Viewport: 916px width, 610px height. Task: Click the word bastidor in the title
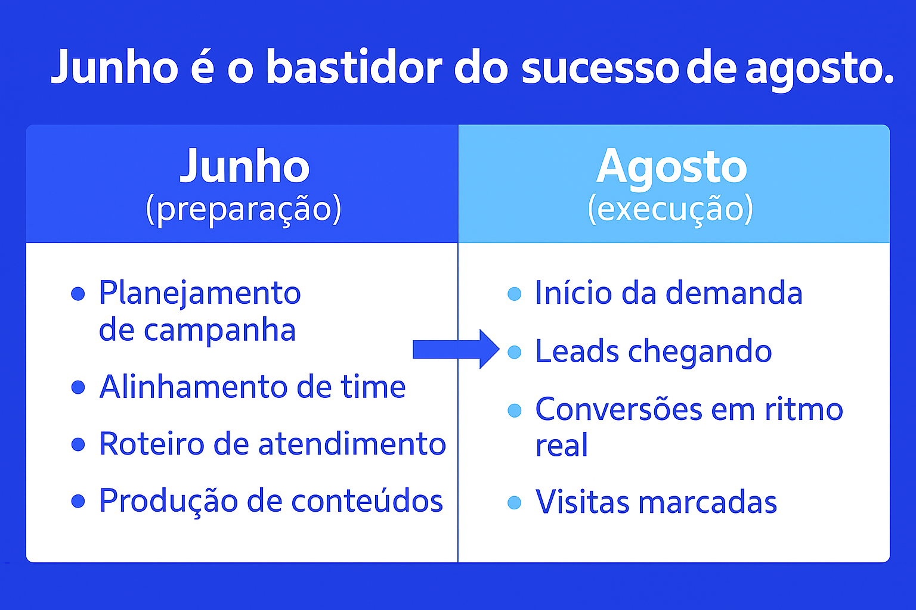353,67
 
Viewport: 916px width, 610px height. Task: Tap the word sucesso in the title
600,68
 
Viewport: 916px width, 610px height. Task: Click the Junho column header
245,166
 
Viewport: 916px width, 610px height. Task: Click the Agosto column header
671,166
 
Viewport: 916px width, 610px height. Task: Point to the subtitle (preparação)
243,209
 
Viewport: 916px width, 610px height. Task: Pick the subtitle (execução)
670,209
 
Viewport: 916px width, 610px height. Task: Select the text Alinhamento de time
252,387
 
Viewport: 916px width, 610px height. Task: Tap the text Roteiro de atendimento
272,444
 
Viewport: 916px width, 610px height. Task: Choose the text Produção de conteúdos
271,500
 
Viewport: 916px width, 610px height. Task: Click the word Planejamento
200,293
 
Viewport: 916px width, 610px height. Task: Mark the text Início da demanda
669,293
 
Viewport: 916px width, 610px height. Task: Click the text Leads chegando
653,351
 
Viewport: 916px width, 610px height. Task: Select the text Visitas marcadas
656,502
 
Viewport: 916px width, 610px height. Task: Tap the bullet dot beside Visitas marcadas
514,503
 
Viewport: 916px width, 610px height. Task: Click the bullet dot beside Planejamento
78,294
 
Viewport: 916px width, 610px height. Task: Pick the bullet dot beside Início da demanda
514,294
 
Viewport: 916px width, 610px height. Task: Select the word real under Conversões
561,446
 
